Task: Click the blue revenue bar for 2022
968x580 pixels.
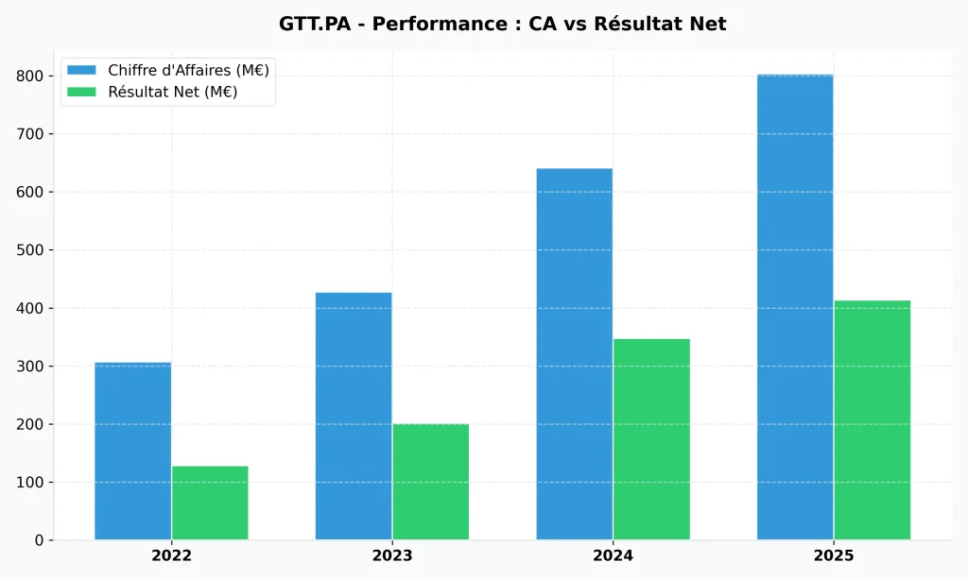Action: pyautogui.click(x=133, y=451)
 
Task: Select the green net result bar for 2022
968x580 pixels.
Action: pyautogui.click(x=210, y=503)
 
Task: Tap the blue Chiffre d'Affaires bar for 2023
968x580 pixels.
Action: pyautogui.click(x=354, y=416)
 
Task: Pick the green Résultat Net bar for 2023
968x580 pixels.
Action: pyautogui.click(x=430, y=482)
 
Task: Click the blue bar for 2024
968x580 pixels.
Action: pyautogui.click(x=574, y=354)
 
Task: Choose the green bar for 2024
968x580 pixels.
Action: pyautogui.click(x=651, y=439)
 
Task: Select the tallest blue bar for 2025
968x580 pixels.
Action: pyautogui.click(x=795, y=307)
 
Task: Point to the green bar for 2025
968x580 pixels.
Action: pyautogui.click(x=872, y=420)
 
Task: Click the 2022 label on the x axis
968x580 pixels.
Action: pyautogui.click(x=171, y=556)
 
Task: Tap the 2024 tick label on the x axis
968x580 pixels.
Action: pyautogui.click(x=613, y=556)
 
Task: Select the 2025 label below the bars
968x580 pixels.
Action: pyautogui.click(x=833, y=556)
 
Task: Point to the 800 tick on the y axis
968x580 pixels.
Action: pyautogui.click(x=32, y=76)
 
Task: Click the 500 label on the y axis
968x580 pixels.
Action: pyautogui.click(x=32, y=250)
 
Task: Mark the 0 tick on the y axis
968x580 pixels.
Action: pyautogui.click(x=39, y=540)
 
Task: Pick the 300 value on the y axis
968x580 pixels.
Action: pyautogui.click(x=32, y=367)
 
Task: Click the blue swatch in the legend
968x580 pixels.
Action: pyautogui.click(x=81, y=70)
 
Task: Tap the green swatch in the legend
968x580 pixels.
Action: pyautogui.click(x=81, y=92)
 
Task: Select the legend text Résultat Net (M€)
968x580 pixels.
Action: pyautogui.click(x=172, y=92)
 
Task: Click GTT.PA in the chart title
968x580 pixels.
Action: pyautogui.click(x=319, y=24)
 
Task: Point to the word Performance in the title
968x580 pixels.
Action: pyautogui.click(x=429, y=24)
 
